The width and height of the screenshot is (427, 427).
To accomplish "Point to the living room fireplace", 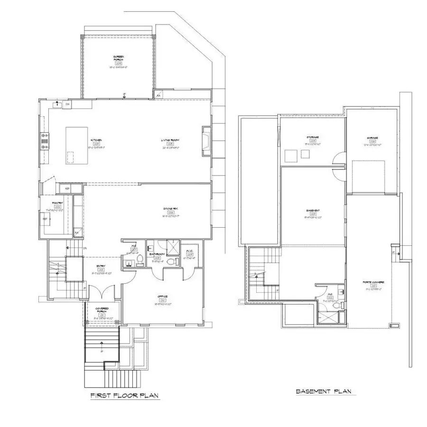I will (206, 141).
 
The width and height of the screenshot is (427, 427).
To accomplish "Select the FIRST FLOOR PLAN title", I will (124, 395).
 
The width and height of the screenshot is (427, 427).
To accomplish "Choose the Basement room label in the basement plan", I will (313, 211).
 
